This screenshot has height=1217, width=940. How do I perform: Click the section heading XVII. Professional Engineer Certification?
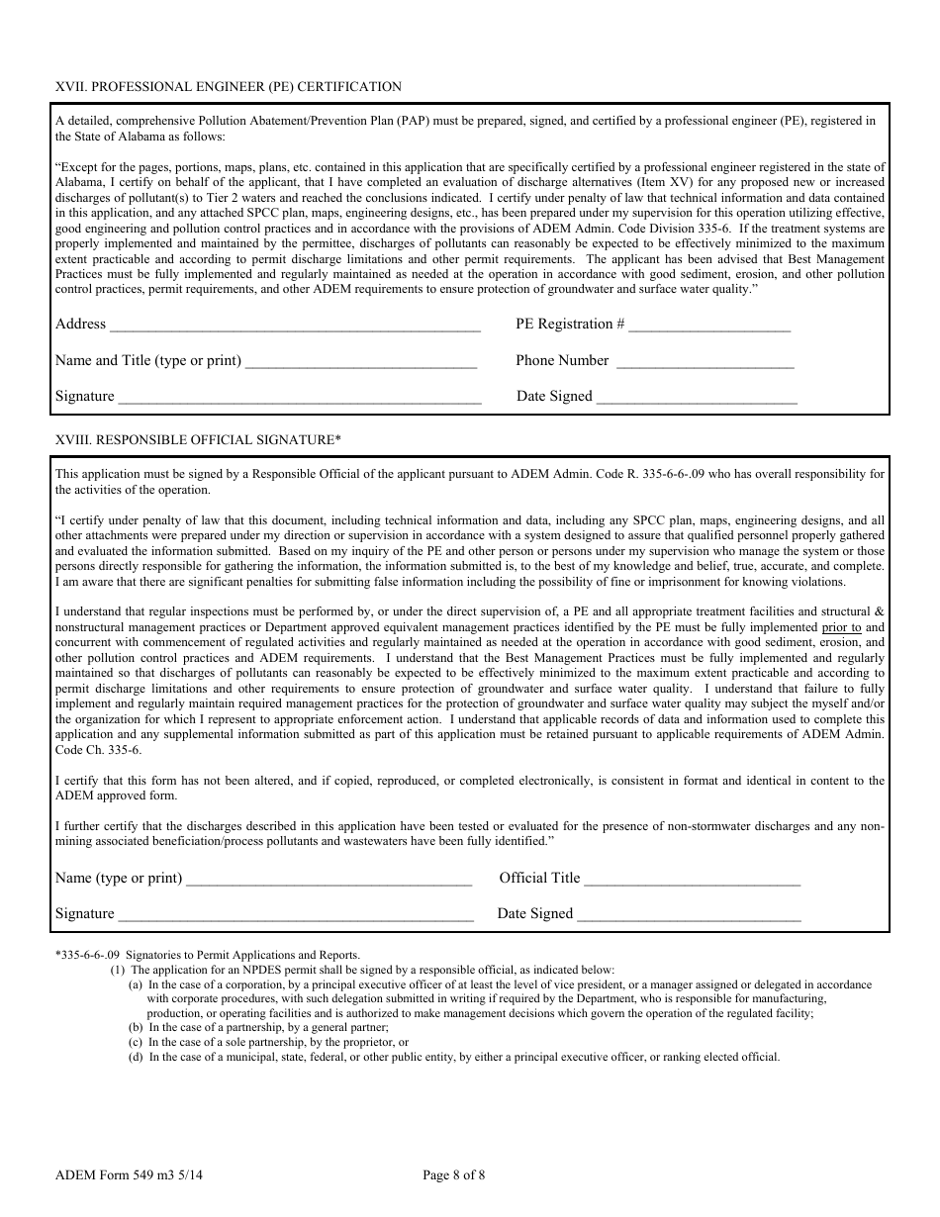point(229,87)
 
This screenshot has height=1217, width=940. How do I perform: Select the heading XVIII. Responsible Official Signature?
point(198,439)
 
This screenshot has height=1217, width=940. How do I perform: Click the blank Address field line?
point(295,327)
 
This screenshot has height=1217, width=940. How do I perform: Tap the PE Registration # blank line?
point(709,327)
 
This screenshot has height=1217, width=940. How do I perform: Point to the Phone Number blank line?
point(705,363)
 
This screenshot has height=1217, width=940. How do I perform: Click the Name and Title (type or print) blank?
point(361,363)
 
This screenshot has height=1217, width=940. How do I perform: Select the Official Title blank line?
point(693,881)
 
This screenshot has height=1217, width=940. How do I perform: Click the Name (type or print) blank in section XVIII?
point(329,881)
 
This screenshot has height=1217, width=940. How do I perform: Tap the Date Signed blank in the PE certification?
point(698,399)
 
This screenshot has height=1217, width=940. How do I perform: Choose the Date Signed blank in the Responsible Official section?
point(690,916)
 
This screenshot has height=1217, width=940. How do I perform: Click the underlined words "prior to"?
point(842,627)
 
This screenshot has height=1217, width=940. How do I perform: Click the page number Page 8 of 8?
point(454,1175)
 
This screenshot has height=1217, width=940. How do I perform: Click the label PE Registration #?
point(570,325)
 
